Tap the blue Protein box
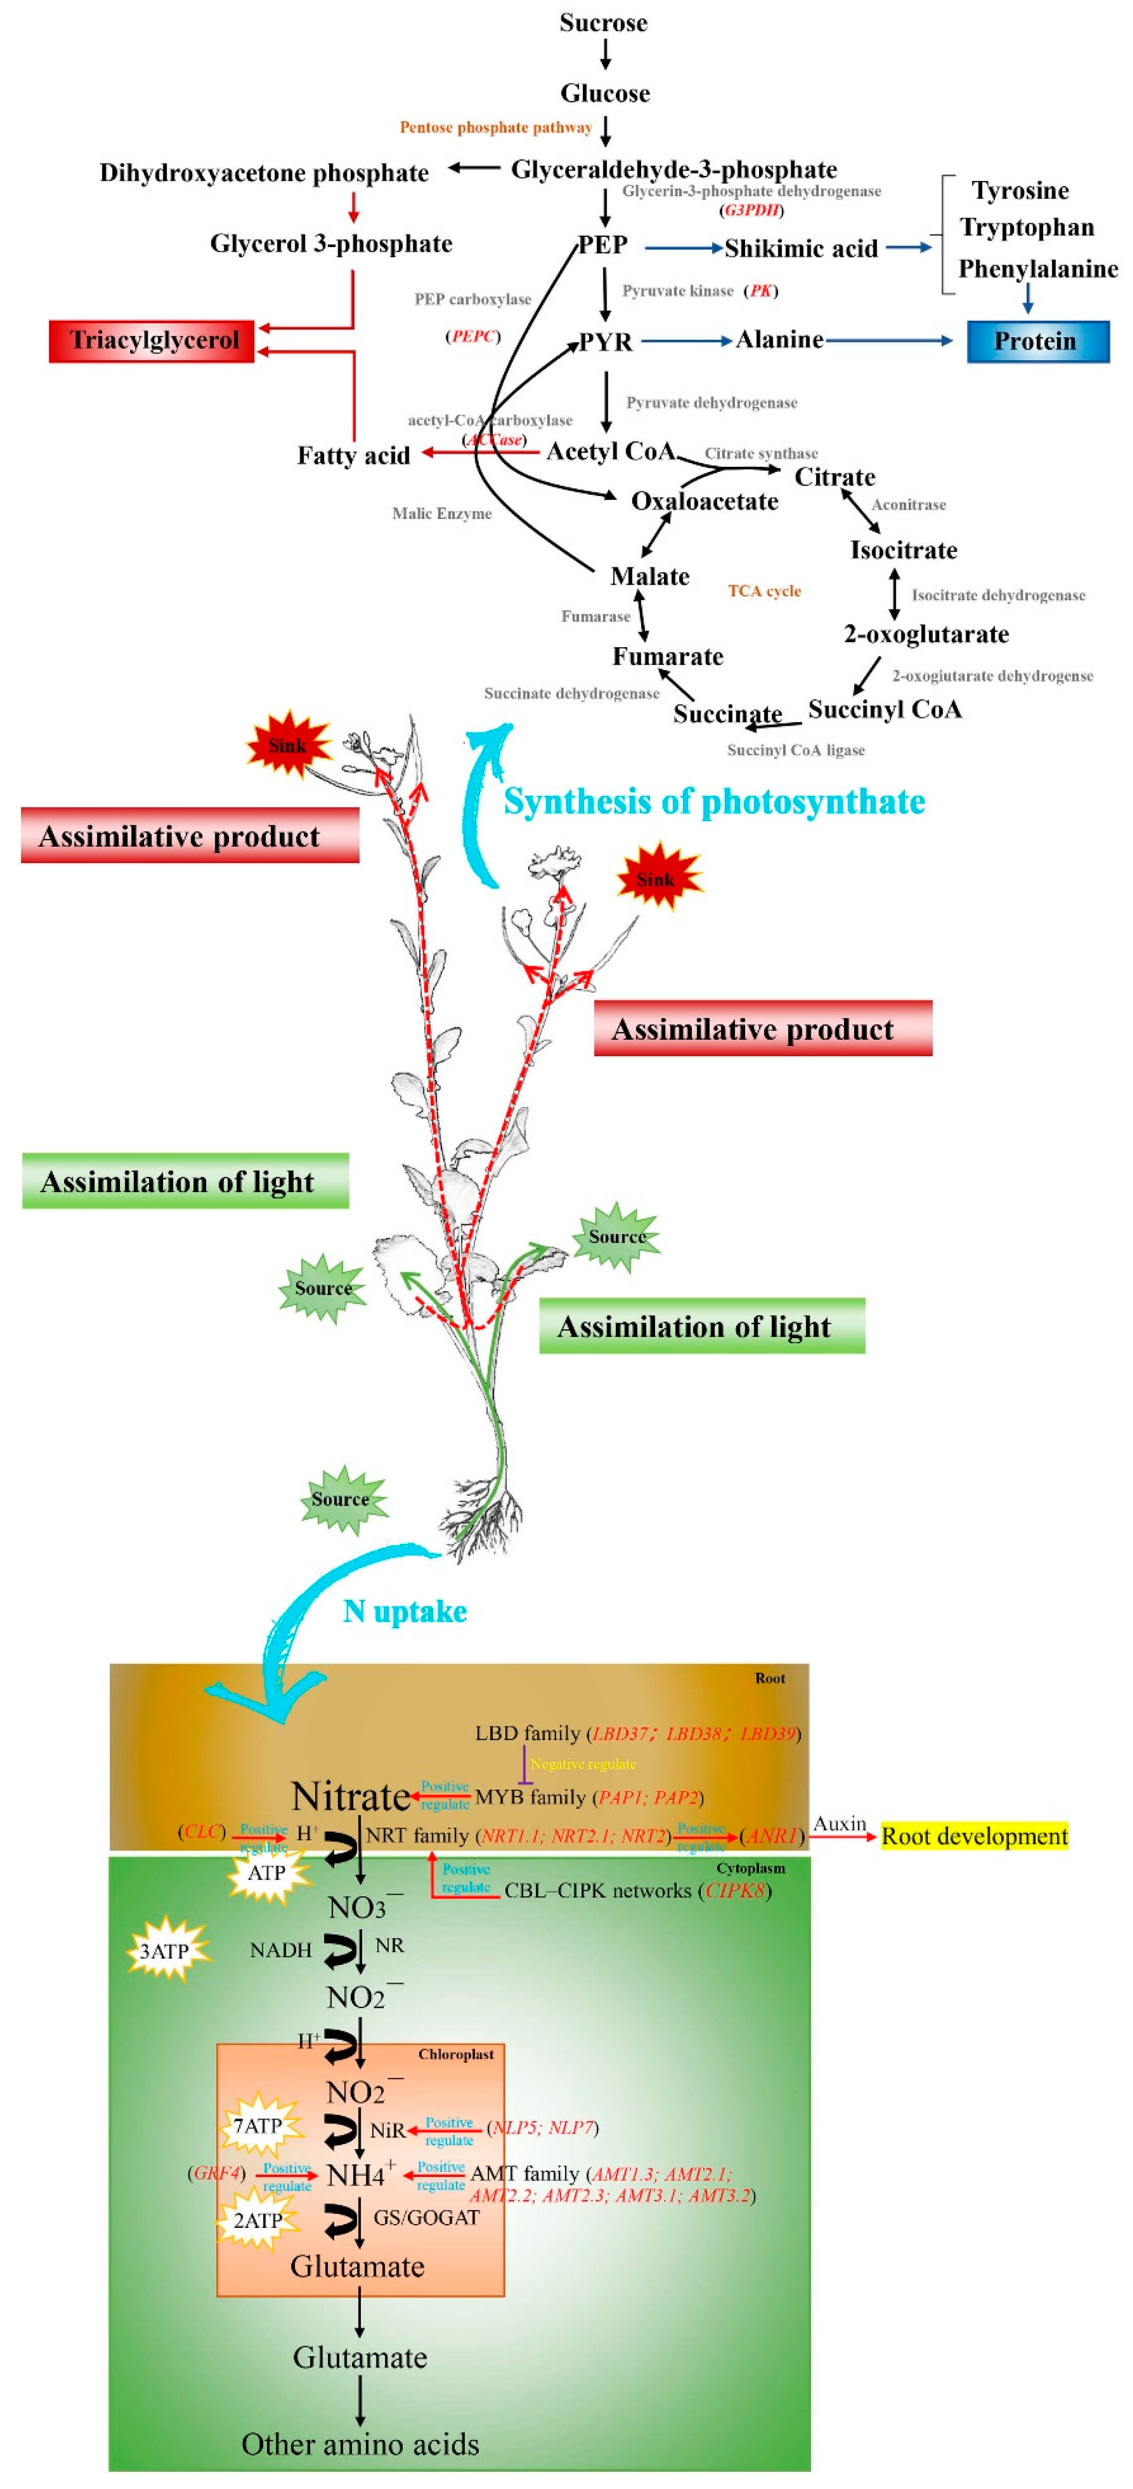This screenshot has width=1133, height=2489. pos(1037,341)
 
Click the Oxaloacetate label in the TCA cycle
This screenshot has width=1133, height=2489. pos(704,500)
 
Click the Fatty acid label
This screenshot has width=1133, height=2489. pos(353,455)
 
